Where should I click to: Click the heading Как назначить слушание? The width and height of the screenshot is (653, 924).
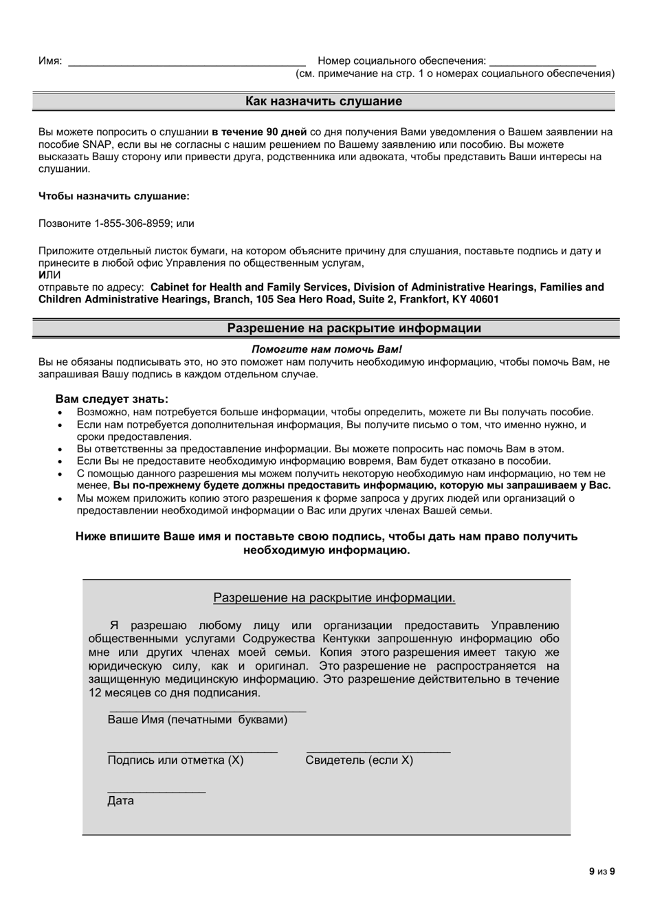click(x=324, y=102)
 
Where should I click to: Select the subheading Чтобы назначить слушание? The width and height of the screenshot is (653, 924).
click(x=114, y=196)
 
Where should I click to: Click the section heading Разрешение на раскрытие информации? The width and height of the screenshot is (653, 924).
click(x=354, y=329)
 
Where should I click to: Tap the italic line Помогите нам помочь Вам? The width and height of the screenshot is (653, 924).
click(x=326, y=349)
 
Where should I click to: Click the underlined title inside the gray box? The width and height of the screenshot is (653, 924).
click(x=334, y=598)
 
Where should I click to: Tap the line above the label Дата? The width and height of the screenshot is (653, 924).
click(x=157, y=792)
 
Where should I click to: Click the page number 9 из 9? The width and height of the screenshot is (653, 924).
click(x=601, y=872)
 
